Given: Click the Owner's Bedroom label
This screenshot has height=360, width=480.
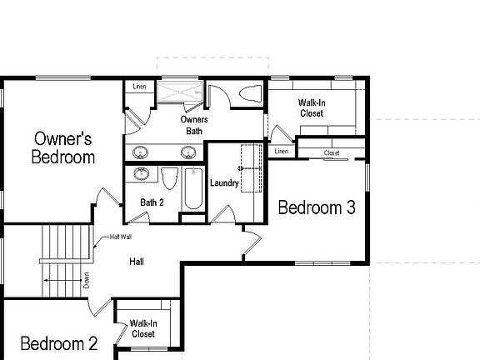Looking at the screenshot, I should (63, 147).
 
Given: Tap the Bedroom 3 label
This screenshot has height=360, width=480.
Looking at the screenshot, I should (317, 208).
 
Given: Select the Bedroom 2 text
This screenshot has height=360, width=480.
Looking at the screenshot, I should (58, 343).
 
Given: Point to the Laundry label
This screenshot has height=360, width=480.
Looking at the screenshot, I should (225, 183).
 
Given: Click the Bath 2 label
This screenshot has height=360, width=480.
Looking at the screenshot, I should (152, 202).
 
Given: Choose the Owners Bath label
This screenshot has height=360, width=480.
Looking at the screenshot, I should (193, 125).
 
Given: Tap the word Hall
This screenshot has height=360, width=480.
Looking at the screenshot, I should (137, 262).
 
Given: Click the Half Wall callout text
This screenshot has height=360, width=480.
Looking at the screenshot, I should (121, 237).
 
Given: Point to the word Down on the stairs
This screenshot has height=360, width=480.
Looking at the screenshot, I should (87, 281).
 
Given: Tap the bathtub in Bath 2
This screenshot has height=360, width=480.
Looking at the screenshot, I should (192, 187).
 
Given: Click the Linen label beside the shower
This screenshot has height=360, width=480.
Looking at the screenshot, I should (138, 87).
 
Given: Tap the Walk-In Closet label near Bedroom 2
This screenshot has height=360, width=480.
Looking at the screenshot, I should (144, 328).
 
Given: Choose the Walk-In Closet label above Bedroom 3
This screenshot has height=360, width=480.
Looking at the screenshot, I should (312, 108).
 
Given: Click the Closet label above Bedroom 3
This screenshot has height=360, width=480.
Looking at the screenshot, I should (331, 152).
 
